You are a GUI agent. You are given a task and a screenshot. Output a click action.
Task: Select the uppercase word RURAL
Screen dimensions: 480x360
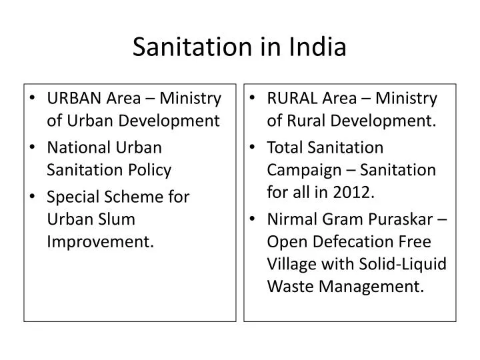point(292,98)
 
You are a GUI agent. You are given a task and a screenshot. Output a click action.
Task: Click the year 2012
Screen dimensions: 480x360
point(353,192)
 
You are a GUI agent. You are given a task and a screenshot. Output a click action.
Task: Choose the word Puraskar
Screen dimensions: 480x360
point(401,219)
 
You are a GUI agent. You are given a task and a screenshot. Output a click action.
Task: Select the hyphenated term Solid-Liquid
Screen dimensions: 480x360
point(403,265)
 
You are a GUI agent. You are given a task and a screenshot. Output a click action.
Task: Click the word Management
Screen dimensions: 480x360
point(371,287)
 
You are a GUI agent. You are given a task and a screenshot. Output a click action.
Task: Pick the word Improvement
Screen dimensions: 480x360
point(100,242)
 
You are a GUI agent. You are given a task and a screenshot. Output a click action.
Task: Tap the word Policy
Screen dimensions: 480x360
point(150,170)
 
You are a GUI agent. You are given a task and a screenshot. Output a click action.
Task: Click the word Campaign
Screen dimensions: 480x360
point(304,170)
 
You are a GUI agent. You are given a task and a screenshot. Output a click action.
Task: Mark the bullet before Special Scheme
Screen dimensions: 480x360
point(33,196)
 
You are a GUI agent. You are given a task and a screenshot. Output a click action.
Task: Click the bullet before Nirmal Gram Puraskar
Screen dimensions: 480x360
point(252,219)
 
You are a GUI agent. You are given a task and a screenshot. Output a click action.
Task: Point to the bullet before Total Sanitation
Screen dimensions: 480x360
point(252,147)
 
